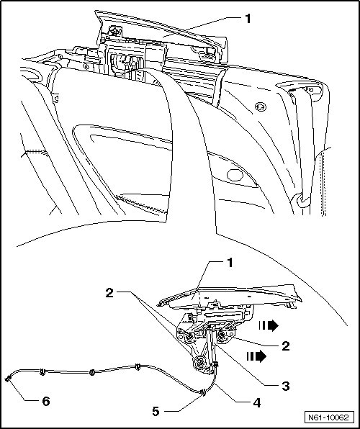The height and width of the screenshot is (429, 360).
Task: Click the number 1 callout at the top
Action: pyautogui.click(x=248, y=19)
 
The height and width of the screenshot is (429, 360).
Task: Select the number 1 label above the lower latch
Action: pyautogui.click(x=230, y=263)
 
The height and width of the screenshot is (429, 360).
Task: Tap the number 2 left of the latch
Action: pyautogui.click(x=109, y=293)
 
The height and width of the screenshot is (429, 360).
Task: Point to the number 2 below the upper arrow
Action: pyautogui.click(x=286, y=346)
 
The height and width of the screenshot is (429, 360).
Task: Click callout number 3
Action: pyautogui.click(x=286, y=387)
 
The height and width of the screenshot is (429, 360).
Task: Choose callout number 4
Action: pyautogui.click(x=257, y=403)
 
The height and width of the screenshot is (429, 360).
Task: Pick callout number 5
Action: pyautogui.click(x=156, y=411)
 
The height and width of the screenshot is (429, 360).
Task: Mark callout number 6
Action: pyautogui.click(x=46, y=402)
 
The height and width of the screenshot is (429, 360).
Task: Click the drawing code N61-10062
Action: pyautogui.click(x=329, y=417)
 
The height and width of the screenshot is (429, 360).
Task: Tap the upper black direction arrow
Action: pyautogui.click(x=269, y=325)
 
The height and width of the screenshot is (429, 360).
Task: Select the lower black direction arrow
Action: pyautogui.click(x=256, y=356)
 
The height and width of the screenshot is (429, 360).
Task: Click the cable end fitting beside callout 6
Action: pyautogui.click(x=8, y=379)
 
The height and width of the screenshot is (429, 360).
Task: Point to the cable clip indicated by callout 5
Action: pyautogui.click(x=203, y=392)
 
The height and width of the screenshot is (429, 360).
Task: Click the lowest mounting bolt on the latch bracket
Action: pyautogui.click(x=200, y=362)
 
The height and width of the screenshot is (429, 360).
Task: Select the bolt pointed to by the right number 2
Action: pyautogui.click(x=221, y=334)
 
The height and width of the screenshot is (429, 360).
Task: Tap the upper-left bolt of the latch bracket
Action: pyautogui.click(x=189, y=338)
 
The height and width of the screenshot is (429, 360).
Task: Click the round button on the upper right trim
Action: pyautogui.click(x=261, y=107)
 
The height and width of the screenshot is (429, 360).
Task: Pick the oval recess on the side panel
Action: pyautogui.click(x=235, y=175)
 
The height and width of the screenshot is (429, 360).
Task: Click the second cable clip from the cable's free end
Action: pyautogui.click(x=42, y=371)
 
